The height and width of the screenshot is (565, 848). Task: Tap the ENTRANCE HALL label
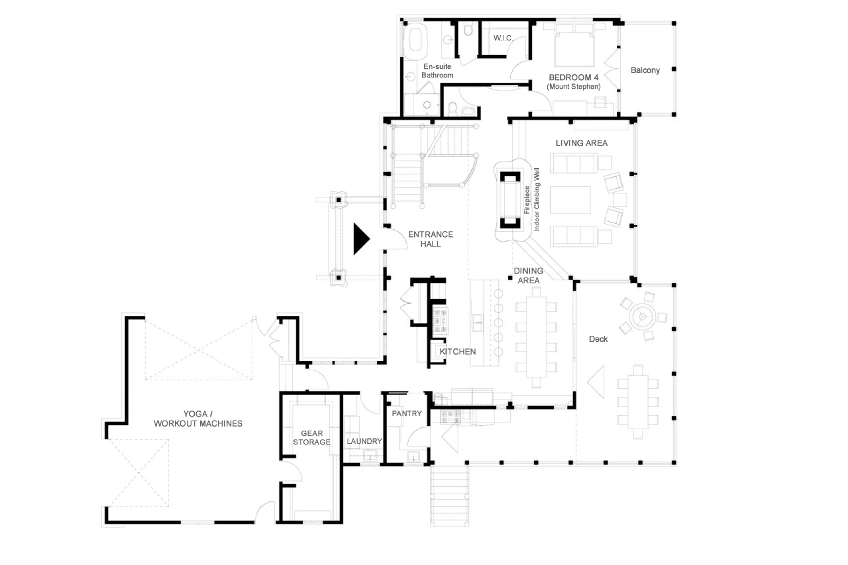(x=430, y=239)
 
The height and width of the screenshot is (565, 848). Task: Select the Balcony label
(x=645, y=70)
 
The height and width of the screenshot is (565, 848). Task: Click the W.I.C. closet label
(x=503, y=38)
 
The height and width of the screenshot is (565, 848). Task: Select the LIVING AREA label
(x=581, y=143)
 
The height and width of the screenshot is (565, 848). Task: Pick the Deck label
(x=598, y=339)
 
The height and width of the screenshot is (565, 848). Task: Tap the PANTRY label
(x=407, y=413)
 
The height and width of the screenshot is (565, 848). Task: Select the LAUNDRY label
(x=364, y=441)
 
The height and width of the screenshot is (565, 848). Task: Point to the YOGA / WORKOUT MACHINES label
(x=198, y=419)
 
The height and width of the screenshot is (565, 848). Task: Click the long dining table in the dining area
(x=536, y=337)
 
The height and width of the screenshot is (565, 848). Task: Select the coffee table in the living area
(x=570, y=200)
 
